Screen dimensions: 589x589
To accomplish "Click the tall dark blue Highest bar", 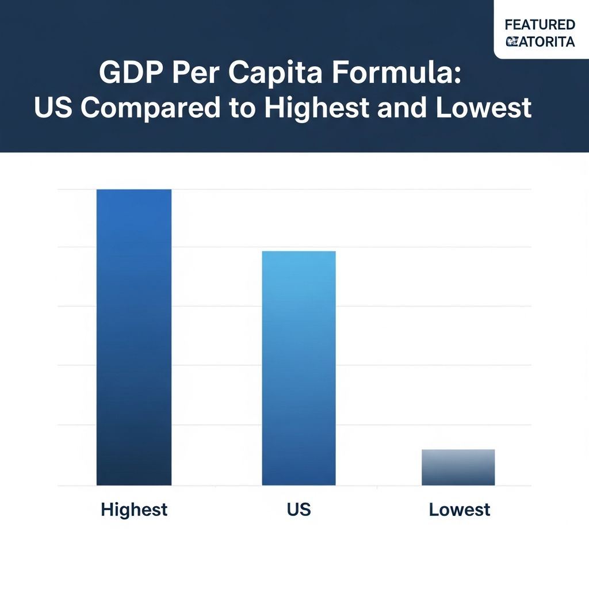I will (x=133, y=337).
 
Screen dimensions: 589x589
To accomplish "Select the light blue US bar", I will (x=299, y=368).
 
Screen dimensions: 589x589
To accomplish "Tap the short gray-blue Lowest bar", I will (x=458, y=467).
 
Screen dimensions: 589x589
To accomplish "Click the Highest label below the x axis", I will (x=134, y=510).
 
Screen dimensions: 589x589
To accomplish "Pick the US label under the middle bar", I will (x=299, y=510).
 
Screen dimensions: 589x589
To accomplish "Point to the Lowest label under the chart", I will (x=460, y=510).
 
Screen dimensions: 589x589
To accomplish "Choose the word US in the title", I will (x=55, y=109).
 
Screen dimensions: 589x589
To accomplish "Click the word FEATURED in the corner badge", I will (x=540, y=25).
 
